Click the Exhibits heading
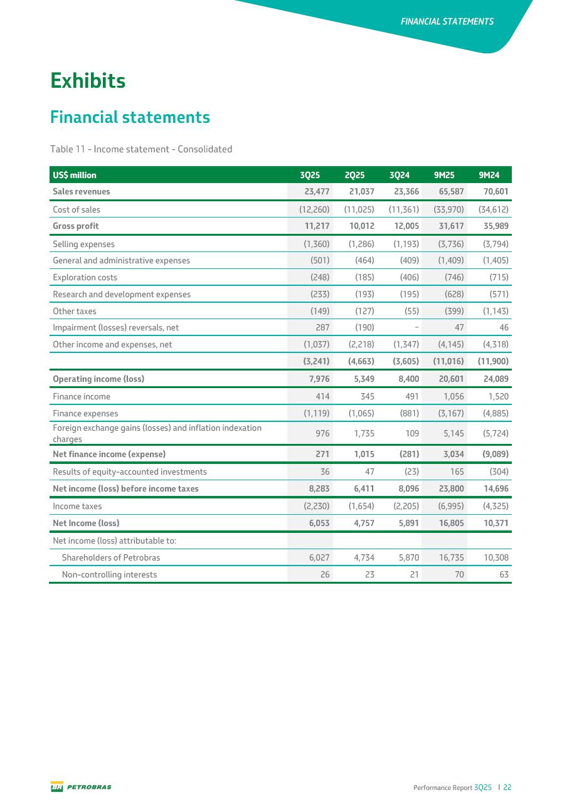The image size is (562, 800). coord(88,81)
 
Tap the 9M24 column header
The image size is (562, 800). coord(493,175)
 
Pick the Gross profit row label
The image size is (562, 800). coord(76,226)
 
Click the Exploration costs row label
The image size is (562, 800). coord(85,277)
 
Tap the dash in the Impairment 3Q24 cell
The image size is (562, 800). coord(416,327)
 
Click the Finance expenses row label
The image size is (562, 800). coord(85,414)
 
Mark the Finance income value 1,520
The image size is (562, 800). coord(496,396)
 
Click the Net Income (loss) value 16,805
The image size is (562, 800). coord(448,523)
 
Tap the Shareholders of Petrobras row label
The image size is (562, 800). coord(110,557)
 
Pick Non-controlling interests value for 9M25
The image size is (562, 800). coord(458,574)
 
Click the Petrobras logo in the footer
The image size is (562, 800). coord(81,787)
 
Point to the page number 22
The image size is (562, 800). coord(507,787)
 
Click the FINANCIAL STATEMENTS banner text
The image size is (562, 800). coord(447,21)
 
